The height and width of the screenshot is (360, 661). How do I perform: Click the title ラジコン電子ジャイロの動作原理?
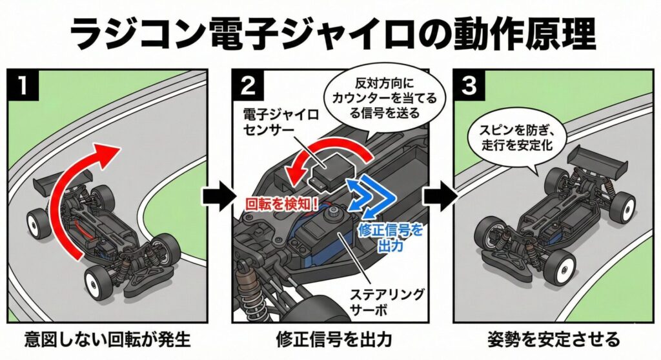click(330, 32)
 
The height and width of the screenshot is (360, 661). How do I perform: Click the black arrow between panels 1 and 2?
click(216, 193)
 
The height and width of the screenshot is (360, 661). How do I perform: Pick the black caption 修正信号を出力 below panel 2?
click(334, 340)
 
